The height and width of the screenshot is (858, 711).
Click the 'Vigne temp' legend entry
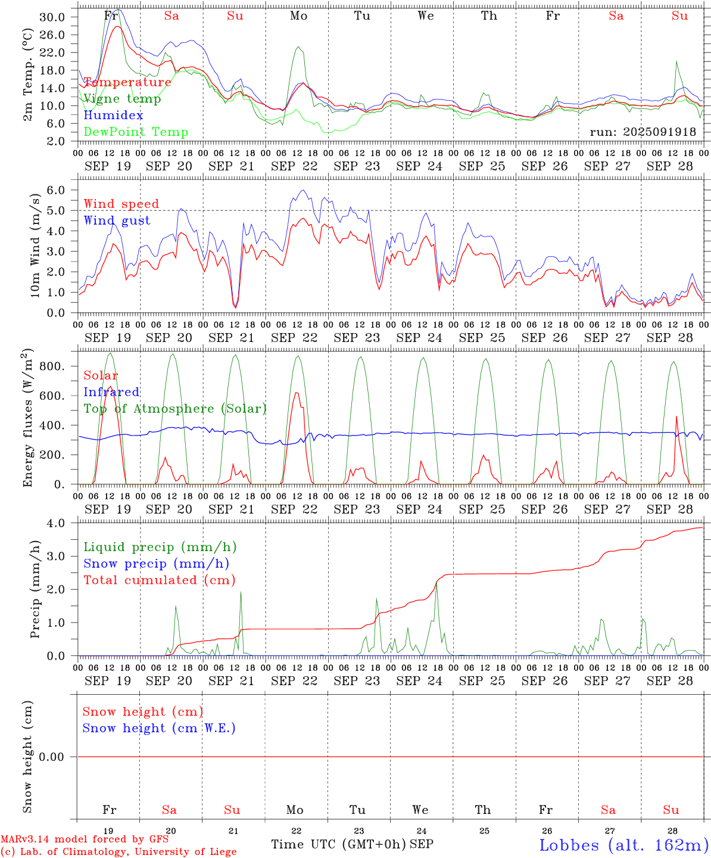click(122, 99)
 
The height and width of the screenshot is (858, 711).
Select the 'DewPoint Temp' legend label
click(136, 132)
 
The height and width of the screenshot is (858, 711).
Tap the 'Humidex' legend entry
click(114, 116)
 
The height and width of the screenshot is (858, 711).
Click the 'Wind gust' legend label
click(117, 220)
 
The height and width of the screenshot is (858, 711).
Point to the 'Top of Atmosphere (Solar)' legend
click(175, 409)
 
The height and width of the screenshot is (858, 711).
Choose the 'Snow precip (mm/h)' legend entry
click(156, 564)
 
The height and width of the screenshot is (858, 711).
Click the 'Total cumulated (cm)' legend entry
click(159, 580)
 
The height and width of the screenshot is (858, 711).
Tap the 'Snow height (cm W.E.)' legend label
click(159, 728)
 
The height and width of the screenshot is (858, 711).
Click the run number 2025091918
click(643, 132)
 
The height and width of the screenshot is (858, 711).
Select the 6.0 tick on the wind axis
click(58, 190)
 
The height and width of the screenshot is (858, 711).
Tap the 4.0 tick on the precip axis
click(58, 523)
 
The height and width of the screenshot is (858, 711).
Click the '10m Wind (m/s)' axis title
click(36, 245)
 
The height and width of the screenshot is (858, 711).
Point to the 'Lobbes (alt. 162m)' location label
click(623, 845)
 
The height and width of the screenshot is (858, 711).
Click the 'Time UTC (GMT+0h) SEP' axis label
click(352, 844)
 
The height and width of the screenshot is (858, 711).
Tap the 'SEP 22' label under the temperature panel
click(294, 166)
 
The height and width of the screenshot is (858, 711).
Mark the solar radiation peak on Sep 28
click(676, 416)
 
